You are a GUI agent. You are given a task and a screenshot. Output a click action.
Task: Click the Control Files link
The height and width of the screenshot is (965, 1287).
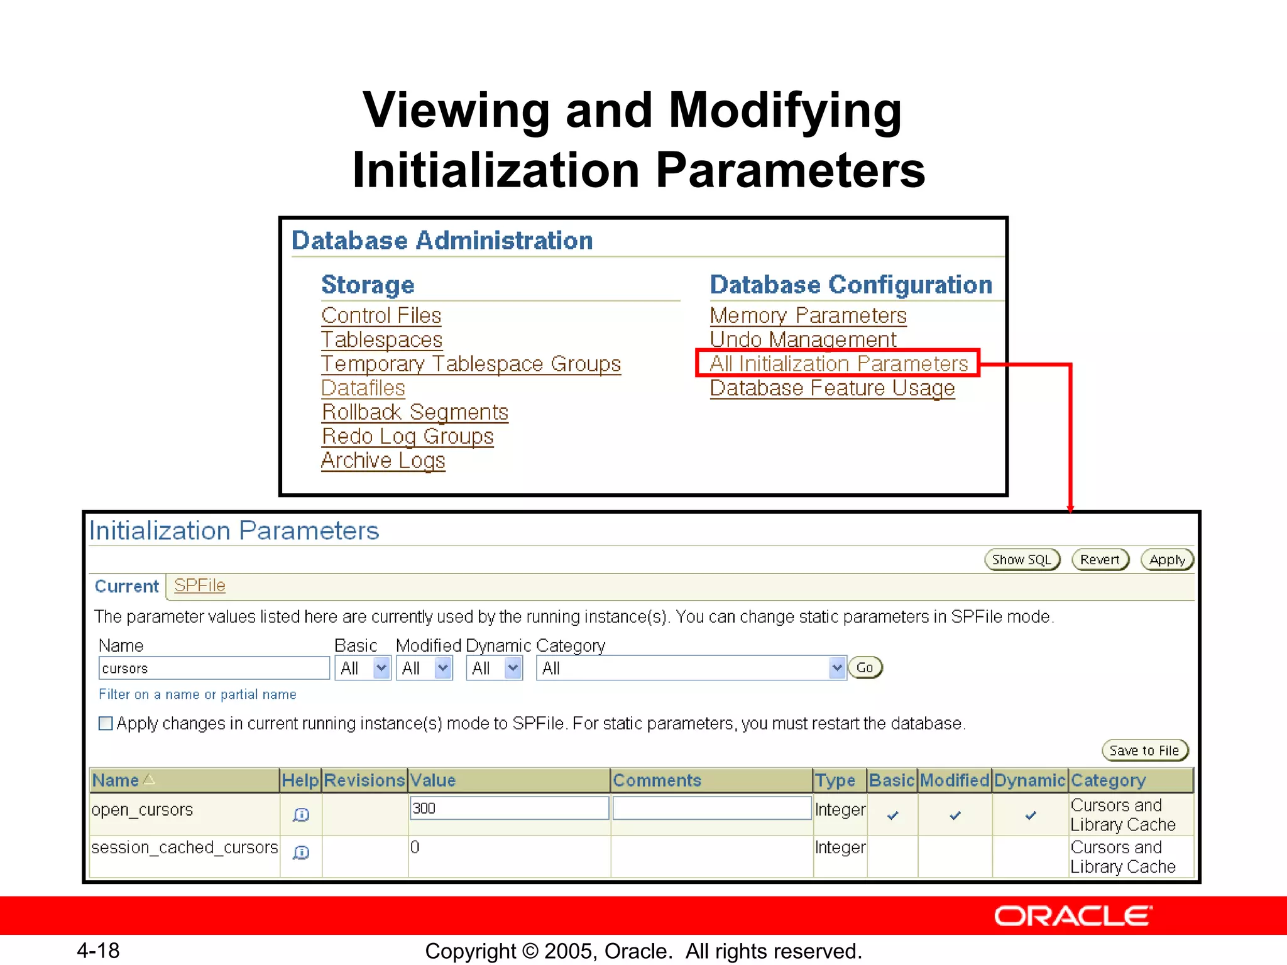tap(381, 315)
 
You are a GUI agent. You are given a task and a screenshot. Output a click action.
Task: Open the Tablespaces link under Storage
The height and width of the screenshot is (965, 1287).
tap(381, 340)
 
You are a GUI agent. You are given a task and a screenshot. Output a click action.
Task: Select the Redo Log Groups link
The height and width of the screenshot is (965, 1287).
tap(407, 436)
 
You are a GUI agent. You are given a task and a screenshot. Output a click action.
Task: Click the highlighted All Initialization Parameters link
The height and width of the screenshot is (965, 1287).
tap(838, 364)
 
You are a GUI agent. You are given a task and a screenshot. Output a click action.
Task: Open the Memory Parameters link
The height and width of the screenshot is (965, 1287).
tap(808, 315)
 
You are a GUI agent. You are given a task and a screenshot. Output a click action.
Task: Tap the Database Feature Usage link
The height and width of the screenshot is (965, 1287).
tap(832, 388)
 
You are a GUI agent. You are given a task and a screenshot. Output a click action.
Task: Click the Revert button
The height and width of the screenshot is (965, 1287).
tap(1100, 559)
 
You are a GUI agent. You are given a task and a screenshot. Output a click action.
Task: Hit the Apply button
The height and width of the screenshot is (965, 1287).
tap(1167, 559)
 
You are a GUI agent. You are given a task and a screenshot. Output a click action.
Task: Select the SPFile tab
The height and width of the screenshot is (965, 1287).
tap(199, 586)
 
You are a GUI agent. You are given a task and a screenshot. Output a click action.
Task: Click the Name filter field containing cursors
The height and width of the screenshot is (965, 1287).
tap(214, 668)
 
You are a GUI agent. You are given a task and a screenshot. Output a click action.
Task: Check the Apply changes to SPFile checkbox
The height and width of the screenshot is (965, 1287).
tap(106, 723)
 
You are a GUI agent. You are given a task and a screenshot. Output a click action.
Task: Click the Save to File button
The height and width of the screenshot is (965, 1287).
tap(1144, 750)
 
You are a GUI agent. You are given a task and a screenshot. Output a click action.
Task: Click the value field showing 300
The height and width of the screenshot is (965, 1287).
tap(508, 808)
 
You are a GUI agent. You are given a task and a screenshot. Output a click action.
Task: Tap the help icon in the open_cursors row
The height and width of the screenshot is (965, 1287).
tap(301, 815)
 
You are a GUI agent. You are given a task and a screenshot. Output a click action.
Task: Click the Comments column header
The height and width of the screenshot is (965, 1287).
tap(657, 780)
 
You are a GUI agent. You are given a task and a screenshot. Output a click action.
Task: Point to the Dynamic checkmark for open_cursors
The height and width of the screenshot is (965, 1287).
tap(1030, 815)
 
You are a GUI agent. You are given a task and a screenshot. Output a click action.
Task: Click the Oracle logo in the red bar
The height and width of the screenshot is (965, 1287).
tap(1073, 916)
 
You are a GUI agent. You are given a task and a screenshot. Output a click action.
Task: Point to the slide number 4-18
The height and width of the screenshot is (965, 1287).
tap(98, 951)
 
